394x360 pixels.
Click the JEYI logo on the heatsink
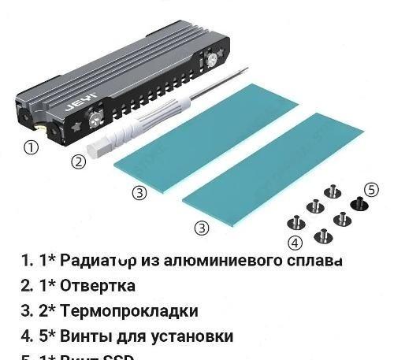84,102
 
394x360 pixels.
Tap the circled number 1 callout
31,147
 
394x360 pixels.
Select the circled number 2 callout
78,162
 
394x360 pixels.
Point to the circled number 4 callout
295,243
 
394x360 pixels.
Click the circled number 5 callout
372,190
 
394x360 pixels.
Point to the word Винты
86,336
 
